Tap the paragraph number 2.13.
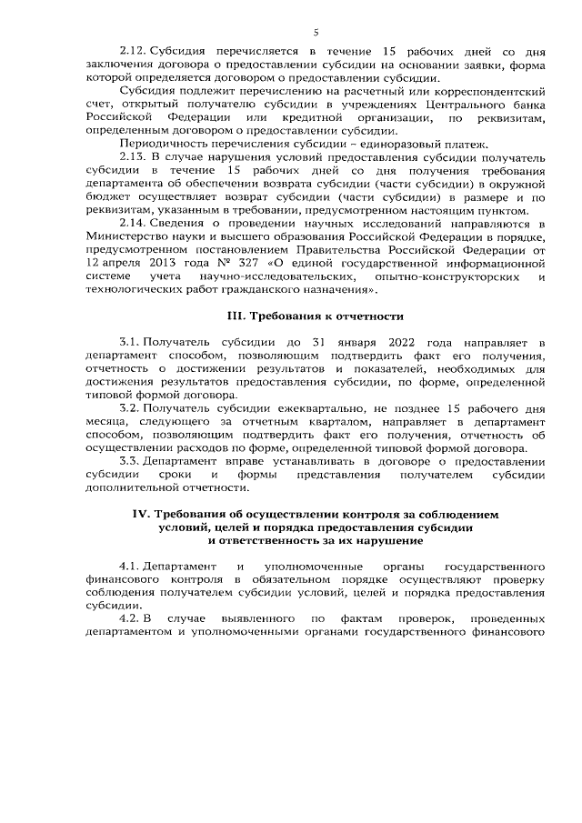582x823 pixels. click(132, 157)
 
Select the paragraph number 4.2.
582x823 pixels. click(129, 619)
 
